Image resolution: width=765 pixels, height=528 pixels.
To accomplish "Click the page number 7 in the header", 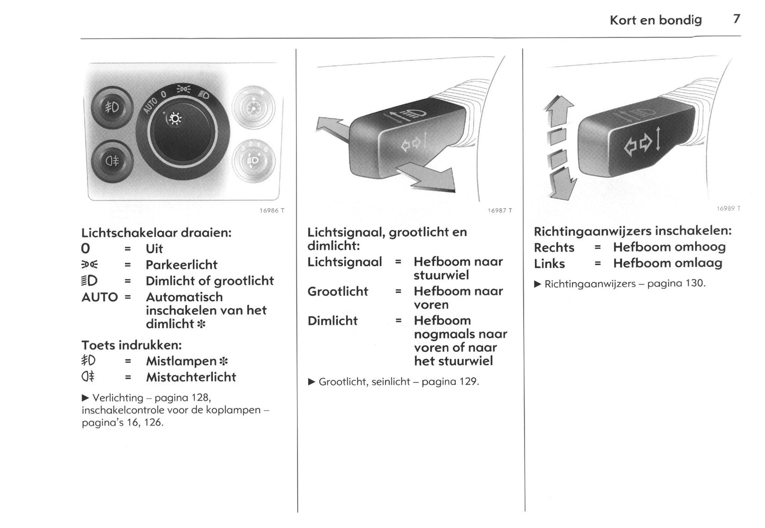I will (736, 19).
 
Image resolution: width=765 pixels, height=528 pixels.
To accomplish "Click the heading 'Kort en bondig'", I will (655, 20).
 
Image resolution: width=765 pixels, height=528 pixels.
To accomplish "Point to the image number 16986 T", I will (272, 210).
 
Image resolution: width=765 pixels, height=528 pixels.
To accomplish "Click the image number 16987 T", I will (499, 210).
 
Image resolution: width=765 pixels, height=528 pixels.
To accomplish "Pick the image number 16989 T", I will (728, 209).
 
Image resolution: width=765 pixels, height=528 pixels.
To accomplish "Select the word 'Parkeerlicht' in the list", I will (181, 264).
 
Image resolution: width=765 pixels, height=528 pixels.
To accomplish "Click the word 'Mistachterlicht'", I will (191, 377).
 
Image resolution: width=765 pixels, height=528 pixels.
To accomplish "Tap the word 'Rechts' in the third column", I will (554, 247).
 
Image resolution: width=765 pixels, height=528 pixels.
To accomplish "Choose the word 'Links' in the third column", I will (549, 263).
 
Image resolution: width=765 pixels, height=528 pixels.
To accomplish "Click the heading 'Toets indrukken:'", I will (131, 345).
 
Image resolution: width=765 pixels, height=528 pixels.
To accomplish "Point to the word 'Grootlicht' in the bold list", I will (337, 291).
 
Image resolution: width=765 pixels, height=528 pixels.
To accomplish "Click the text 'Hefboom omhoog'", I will (669, 247).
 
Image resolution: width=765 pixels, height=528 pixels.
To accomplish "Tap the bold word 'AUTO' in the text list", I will (100, 297).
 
